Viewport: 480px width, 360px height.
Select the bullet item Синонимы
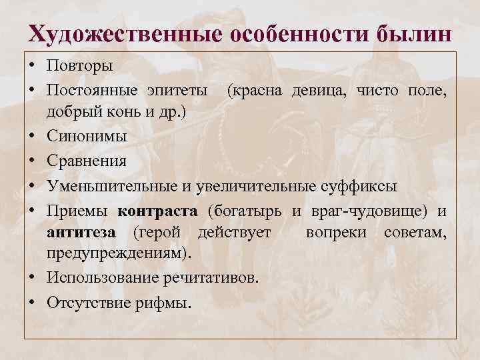click(86, 136)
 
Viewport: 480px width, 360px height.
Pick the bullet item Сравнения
click(87, 160)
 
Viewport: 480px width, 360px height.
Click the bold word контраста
click(157, 211)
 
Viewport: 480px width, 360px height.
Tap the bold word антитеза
click(81, 233)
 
